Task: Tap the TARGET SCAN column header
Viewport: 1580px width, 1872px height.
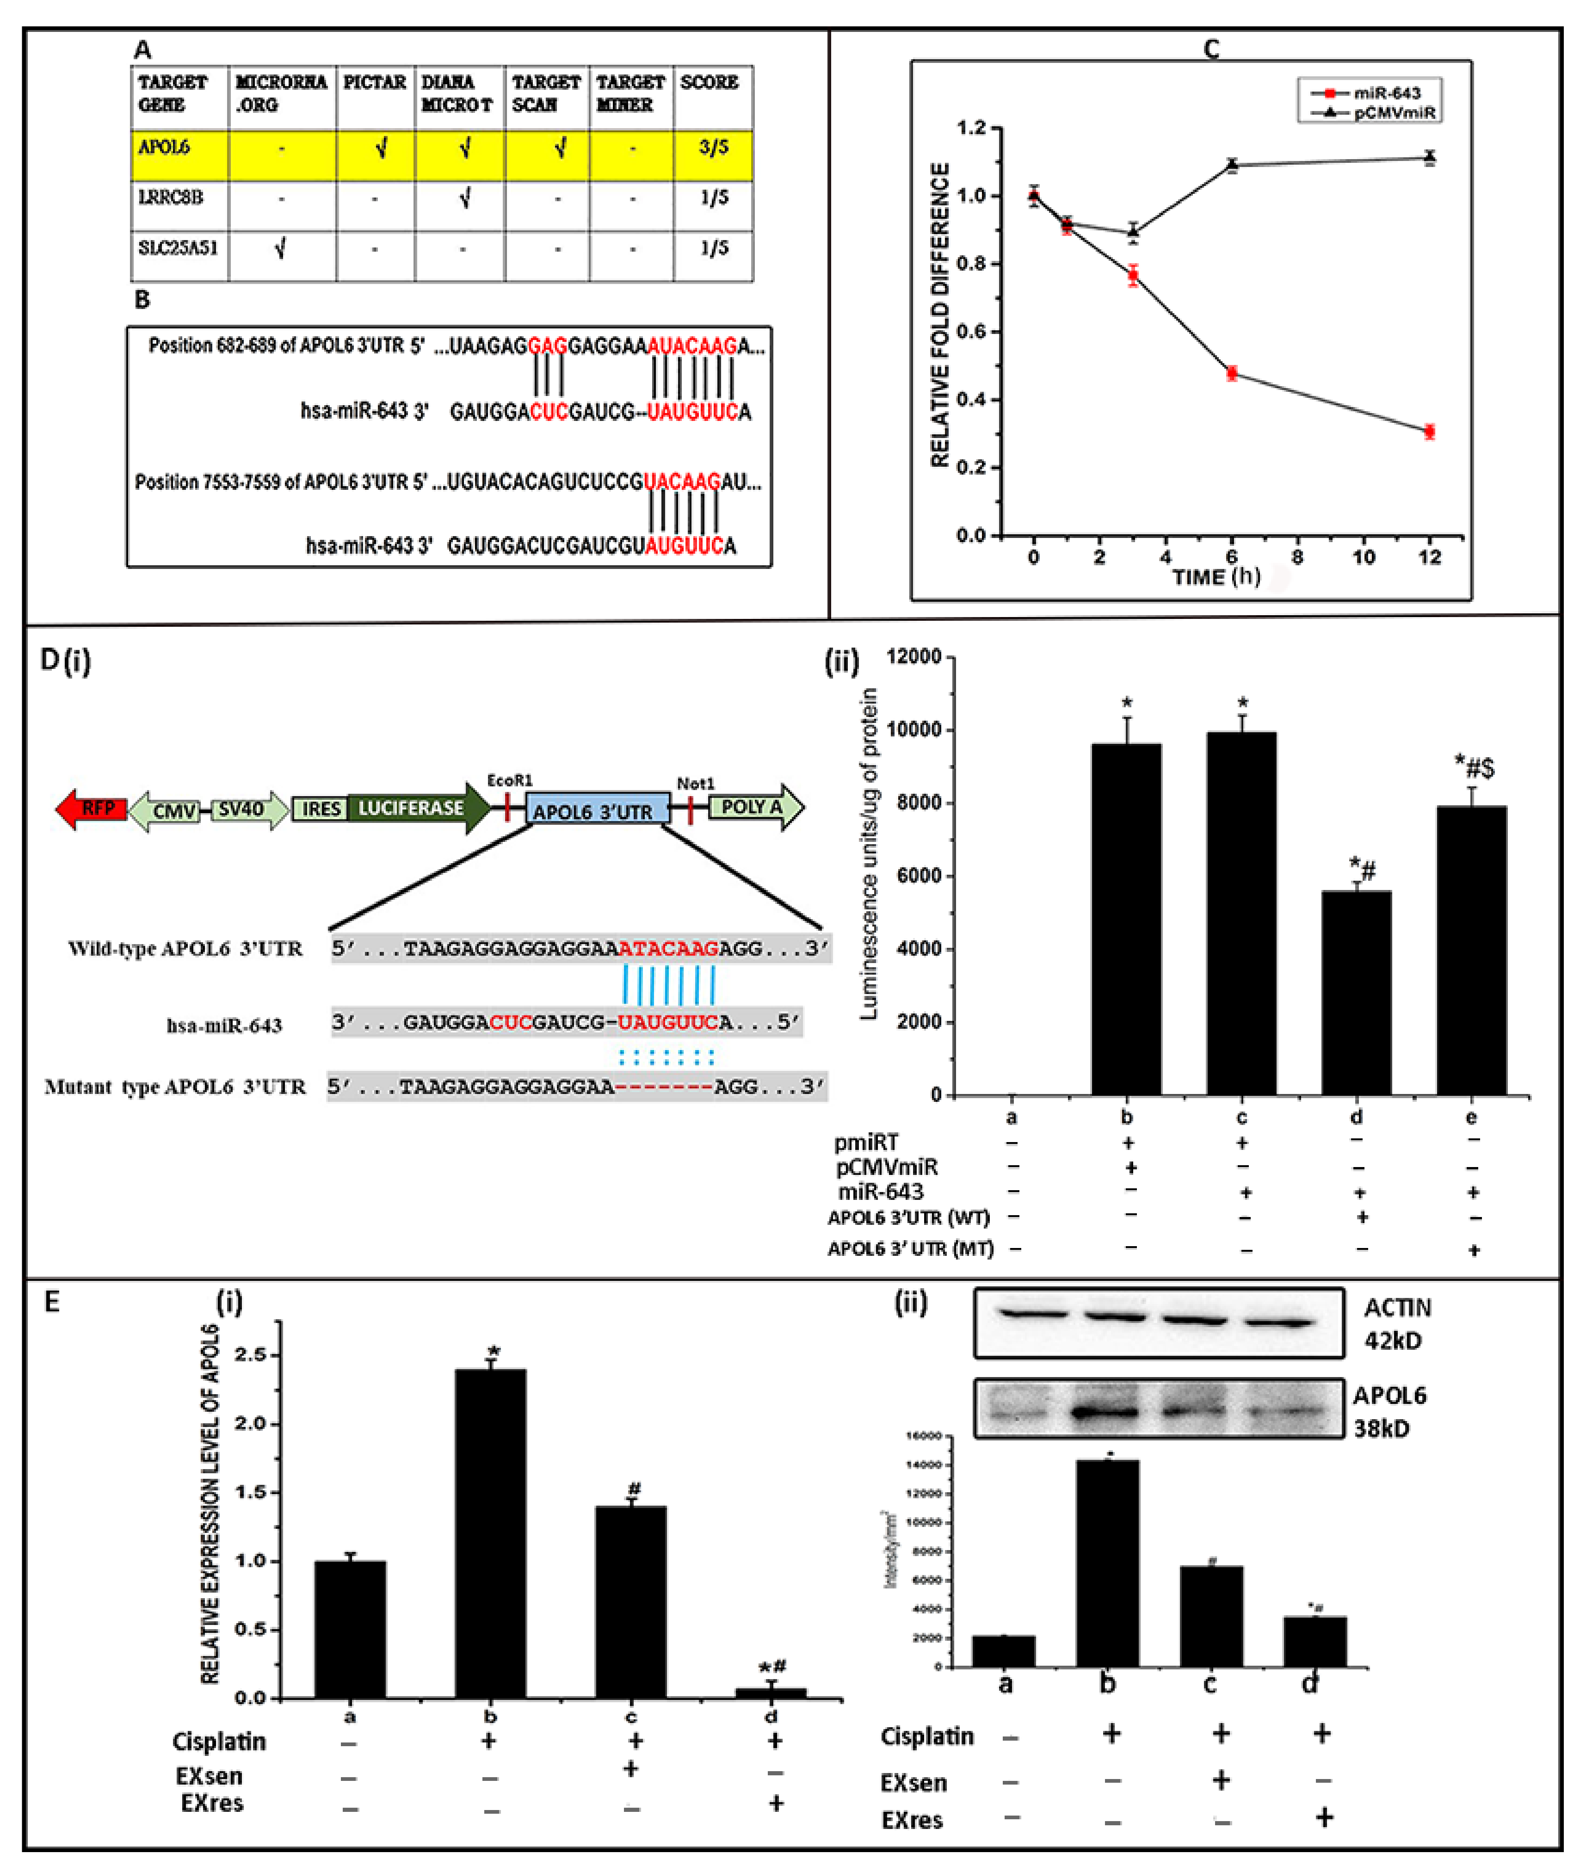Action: pyautogui.click(x=545, y=93)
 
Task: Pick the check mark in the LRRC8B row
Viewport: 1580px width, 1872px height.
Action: pyautogui.click(x=464, y=197)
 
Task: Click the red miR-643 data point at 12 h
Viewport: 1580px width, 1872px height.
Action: pyautogui.click(x=1430, y=432)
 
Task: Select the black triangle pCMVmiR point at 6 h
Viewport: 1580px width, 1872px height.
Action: pyautogui.click(x=1233, y=165)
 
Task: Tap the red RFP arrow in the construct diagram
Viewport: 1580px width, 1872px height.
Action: pyautogui.click(x=92, y=809)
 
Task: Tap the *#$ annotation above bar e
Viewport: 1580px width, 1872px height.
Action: pyautogui.click(x=1474, y=767)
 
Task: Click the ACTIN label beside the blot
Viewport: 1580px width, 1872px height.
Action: pyautogui.click(x=1397, y=1309)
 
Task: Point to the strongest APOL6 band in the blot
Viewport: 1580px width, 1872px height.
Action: pyautogui.click(x=1107, y=1413)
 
